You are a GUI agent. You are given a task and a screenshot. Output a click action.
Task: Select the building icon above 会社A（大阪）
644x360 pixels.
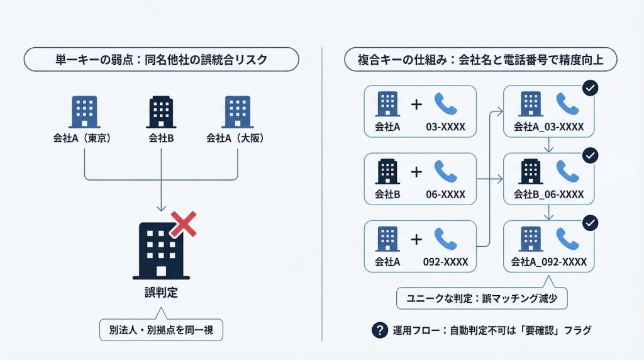point(238,111)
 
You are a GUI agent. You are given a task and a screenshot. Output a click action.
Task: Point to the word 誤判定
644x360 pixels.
point(161,293)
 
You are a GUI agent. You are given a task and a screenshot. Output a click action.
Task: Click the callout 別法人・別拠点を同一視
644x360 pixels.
point(161,330)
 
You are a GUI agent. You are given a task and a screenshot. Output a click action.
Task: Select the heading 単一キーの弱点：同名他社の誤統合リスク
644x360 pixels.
point(161,60)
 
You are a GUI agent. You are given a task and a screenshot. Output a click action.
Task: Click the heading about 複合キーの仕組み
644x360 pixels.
point(481,60)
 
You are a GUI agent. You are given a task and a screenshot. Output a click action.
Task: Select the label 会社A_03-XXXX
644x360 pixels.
point(549,127)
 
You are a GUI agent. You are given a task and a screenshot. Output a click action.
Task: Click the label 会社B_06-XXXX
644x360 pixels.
point(549,194)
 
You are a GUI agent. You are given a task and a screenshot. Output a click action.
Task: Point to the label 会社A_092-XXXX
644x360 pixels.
point(549,262)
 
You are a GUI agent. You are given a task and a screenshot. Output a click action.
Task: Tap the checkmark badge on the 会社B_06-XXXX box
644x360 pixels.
point(590,155)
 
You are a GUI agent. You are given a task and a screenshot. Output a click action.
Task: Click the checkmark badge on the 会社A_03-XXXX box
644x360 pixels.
point(590,88)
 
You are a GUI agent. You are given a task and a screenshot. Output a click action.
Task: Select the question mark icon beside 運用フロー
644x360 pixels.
point(380,330)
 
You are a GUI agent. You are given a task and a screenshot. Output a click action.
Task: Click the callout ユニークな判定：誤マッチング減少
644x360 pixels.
point(482,298)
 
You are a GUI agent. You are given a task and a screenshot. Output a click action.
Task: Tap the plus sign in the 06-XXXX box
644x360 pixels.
point(416,171)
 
